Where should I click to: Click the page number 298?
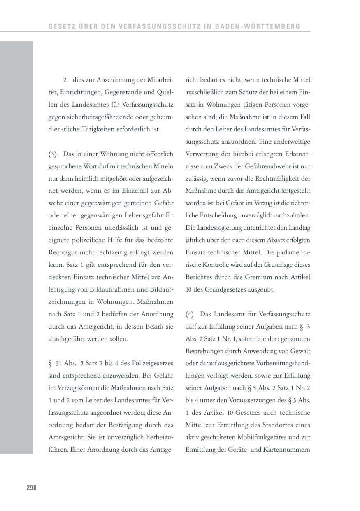(x=32, y=488)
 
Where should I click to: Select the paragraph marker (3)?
(x=52, y=154)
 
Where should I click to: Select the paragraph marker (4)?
(x=189, y=314)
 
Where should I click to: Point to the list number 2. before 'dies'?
(x=65, y=80)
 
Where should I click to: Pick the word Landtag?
(x=299, y=228)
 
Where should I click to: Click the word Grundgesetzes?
(x=225, y=289)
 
